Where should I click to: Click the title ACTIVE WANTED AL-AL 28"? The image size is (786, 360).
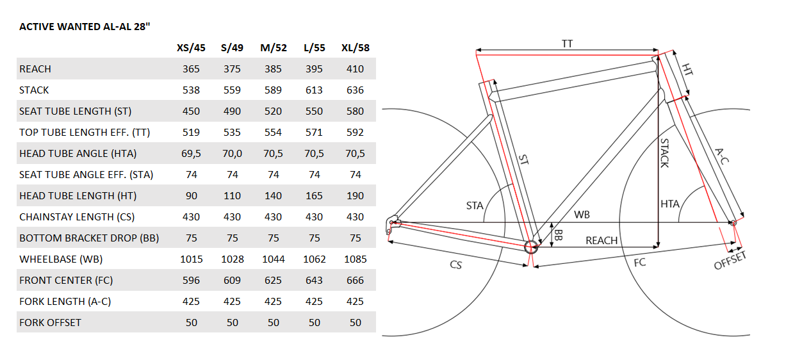tap(85, 27)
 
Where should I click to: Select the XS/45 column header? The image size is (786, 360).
tap(191, 47)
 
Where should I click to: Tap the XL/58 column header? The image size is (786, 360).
tap(355, 47)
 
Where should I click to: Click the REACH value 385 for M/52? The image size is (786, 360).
tap(273, 69)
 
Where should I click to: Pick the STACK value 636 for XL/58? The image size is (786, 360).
tap(355, 90)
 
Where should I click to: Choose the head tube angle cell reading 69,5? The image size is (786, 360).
tap(191, 154)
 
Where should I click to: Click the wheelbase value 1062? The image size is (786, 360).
tap(314, 259)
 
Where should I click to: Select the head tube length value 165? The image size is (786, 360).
tap(314, 196)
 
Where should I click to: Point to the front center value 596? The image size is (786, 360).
tap(191, 281)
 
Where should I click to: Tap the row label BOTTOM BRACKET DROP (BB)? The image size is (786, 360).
tap(89, 238)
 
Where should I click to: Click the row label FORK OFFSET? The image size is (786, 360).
tap(50, 323)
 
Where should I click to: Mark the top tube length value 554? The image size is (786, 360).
tap(273, 133)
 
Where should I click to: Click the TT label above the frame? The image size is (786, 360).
tap(567, 44)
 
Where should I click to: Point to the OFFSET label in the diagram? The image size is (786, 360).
tap(730, 261)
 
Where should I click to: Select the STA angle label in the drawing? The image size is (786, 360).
tap(475, 206)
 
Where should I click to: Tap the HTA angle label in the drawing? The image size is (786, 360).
tap(670, 204)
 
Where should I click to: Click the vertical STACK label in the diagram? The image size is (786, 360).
tap(664, 153)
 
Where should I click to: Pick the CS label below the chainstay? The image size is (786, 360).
tap(456, 265)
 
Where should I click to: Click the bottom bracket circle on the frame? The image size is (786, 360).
tap(531, 247)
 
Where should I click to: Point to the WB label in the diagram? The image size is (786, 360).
tap(582, 215)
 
